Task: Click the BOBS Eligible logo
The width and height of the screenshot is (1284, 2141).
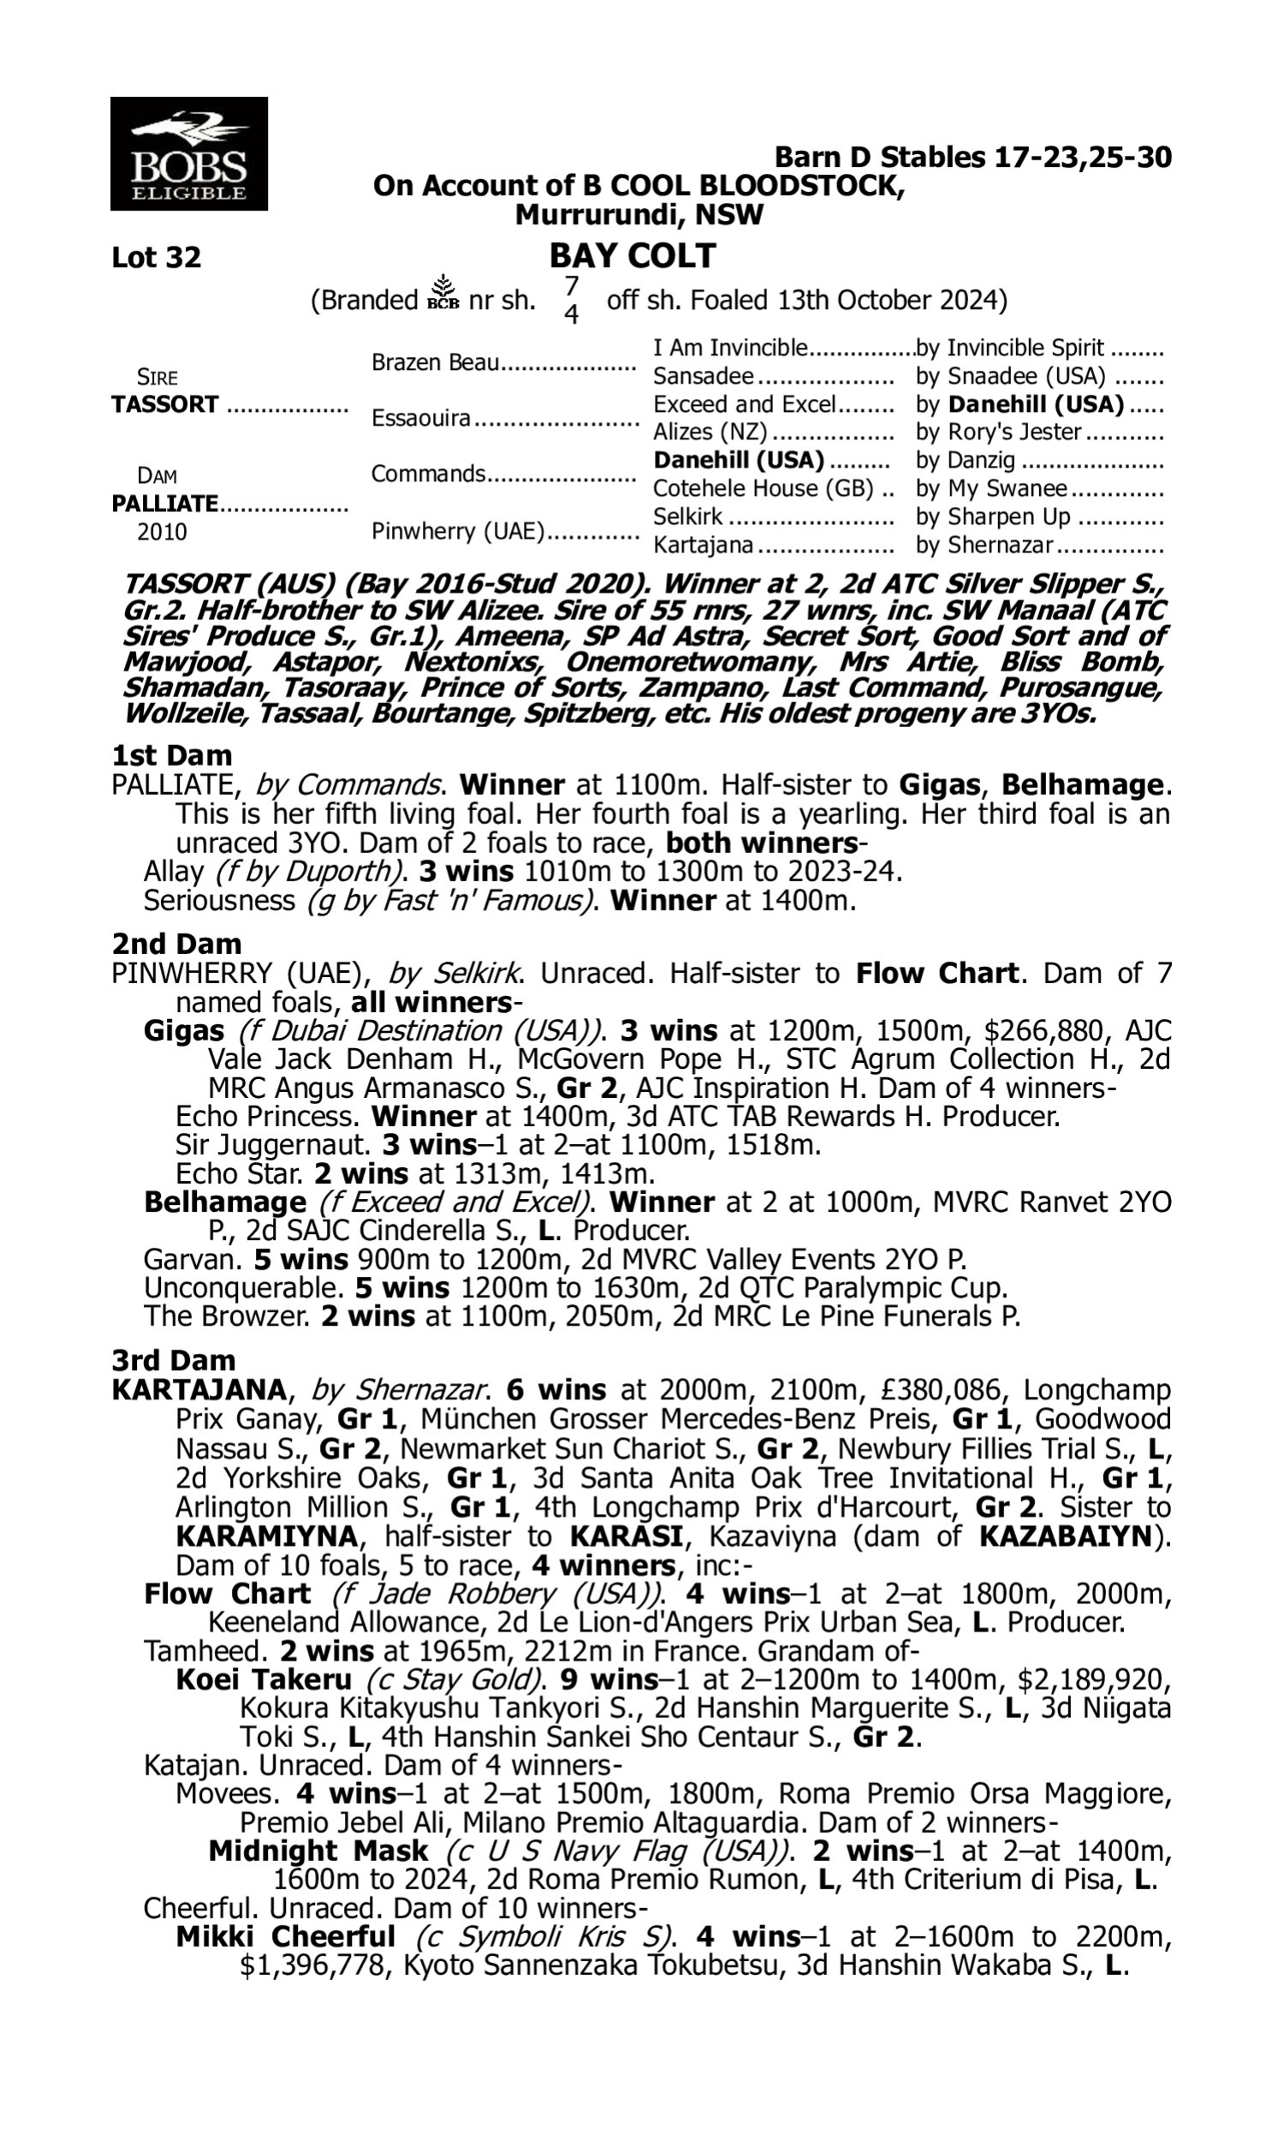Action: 188,153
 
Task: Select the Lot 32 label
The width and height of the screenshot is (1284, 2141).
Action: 156,258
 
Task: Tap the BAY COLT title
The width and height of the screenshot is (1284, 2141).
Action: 633,256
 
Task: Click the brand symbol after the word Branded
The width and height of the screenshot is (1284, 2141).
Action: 443,293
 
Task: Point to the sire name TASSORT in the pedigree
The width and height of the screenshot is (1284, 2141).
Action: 164,405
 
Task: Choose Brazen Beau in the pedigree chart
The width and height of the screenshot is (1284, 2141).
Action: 435,362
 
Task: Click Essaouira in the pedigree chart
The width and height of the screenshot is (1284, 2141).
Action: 420,419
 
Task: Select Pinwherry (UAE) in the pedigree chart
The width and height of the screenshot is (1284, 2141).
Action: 458,530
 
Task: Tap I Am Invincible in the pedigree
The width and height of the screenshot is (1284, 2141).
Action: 729,348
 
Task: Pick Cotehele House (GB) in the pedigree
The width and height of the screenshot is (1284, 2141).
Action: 764,489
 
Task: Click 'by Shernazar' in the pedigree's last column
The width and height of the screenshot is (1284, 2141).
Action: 984,546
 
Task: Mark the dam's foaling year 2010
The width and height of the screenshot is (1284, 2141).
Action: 162,531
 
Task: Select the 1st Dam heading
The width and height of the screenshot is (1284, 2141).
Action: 171,755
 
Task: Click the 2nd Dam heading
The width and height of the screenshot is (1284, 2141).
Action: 176,943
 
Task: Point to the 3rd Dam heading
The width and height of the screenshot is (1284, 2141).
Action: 173,1361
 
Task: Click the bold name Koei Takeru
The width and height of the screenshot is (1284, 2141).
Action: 263,1679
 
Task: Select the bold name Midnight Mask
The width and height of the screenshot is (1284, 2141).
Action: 318,1851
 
